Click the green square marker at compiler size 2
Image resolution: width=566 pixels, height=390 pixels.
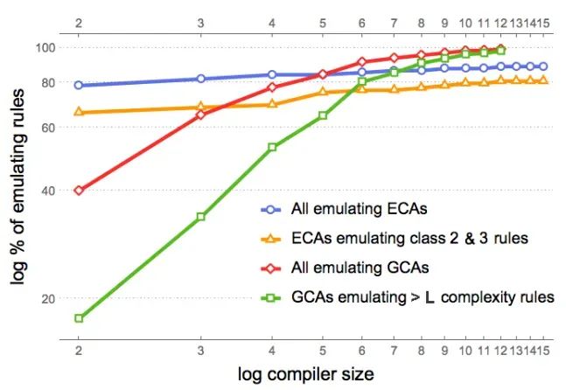tap(79, 318)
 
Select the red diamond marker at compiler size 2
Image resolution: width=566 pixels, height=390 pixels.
tap(79, 190)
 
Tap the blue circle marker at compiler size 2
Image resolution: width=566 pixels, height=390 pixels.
tap(79, 85)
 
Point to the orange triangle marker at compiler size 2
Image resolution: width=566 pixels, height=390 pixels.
tap(79, 111)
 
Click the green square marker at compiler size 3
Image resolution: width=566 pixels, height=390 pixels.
tap(201, 216)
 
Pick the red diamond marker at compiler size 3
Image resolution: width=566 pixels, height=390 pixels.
tap(201, 115)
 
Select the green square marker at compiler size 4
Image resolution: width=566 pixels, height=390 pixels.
tap(272, 147)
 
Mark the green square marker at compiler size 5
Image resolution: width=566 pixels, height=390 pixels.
tap(323, 115)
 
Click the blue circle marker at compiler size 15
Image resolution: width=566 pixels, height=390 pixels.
tap(543, 66)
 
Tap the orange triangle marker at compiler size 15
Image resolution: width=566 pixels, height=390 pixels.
tap(543, 80)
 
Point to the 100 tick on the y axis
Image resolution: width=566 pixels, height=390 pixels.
tap(46, 47)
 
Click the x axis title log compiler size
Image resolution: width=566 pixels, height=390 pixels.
tap(305, 374)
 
